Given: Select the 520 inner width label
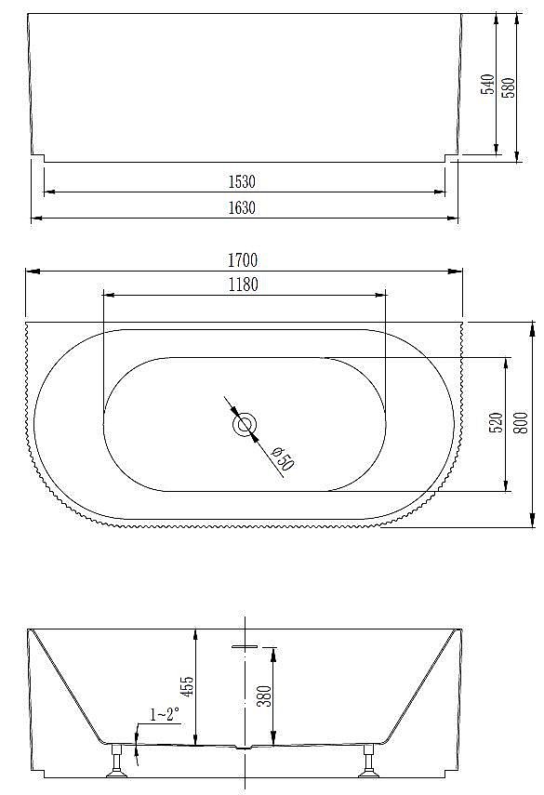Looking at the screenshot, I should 496,424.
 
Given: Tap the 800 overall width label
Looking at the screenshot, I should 521,424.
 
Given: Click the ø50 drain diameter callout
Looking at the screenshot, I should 282,457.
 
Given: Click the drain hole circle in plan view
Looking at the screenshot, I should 245,425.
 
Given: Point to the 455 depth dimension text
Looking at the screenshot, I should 187,686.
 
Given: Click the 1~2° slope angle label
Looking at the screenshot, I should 165,714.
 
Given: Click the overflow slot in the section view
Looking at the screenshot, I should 245,645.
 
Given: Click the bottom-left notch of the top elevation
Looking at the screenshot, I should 37,158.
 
